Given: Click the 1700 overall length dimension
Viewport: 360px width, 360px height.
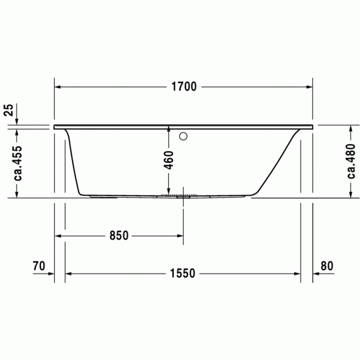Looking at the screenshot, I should click(x=184, y=87).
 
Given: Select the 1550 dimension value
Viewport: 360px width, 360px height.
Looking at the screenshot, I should click(x=183, y=274).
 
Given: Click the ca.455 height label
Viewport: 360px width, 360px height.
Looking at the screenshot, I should click(x=17, y=161).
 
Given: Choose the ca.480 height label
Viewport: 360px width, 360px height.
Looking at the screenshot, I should click(x=351, y=161).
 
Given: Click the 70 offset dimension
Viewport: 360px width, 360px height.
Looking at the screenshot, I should click(x=39, y=266).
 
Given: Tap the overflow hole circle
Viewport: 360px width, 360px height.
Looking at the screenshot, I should click(x=184, y=137).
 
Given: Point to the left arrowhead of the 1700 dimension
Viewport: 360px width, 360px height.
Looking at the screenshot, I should click(x=59, y=87).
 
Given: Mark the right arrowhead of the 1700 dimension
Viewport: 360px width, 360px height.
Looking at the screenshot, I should click(x=309, y=87).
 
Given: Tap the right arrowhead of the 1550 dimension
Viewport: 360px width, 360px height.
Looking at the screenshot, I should click(x=297, y=274).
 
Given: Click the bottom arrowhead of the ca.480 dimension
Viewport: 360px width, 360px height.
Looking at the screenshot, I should click(x=351, y=194).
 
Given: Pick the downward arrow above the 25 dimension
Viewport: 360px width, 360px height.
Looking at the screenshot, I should click(x=17, y=120).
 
